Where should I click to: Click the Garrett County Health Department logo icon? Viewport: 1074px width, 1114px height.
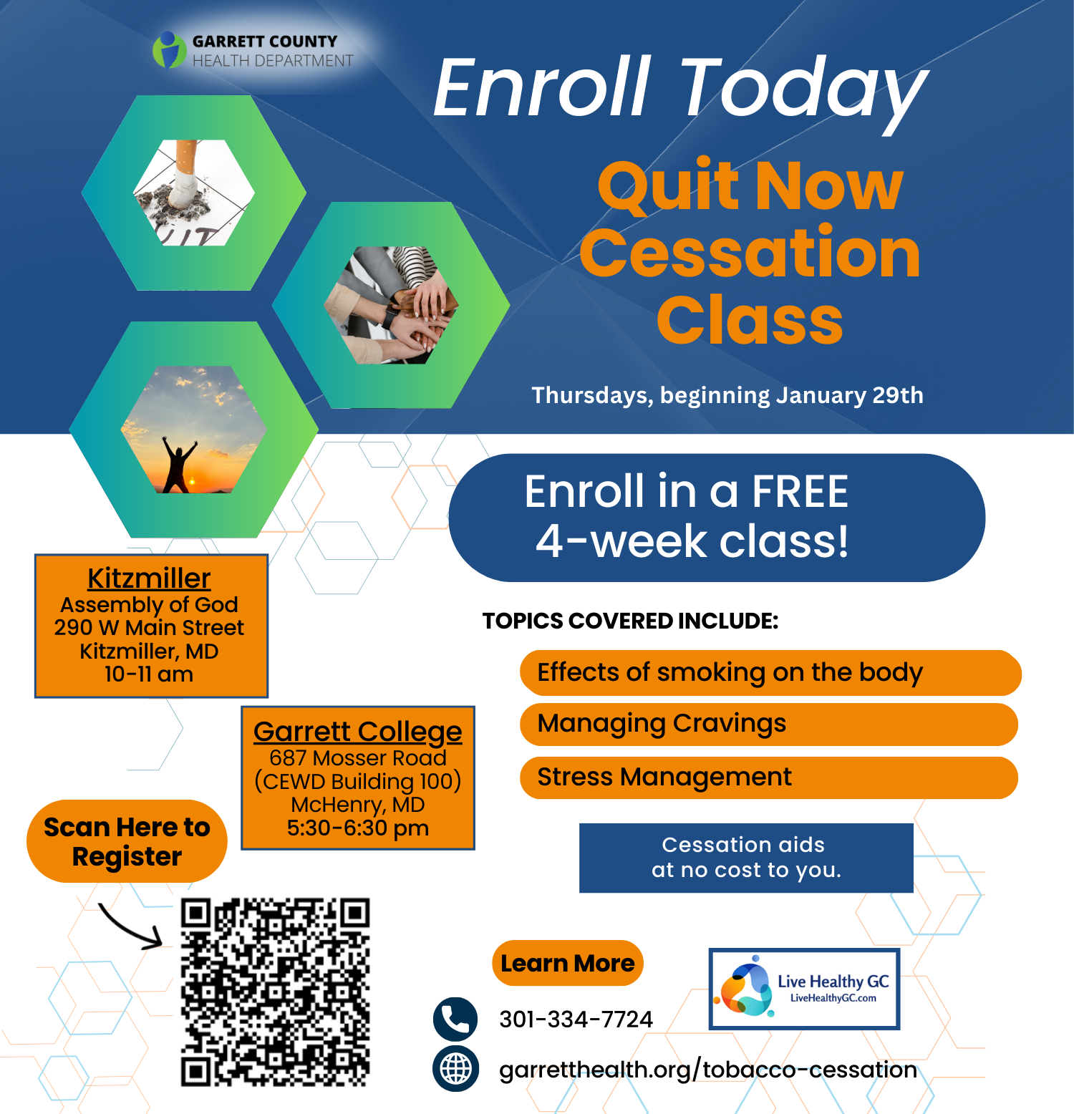[x=169, y=49]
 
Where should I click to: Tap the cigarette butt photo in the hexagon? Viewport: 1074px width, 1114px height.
[x=194, y=193]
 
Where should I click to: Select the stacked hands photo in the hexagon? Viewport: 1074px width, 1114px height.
[x=391, y=305]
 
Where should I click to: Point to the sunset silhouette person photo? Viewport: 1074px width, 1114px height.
[x=194, y=430]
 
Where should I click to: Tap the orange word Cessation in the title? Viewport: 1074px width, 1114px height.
[x=750, y=252]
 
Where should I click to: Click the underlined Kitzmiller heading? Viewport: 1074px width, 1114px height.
[x=149, y=578]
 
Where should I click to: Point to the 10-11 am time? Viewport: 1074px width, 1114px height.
[x=149, y=674]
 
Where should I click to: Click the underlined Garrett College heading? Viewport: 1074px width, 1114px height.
[x=358, y=732]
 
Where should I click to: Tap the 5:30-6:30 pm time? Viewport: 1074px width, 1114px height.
[x=358, y=828]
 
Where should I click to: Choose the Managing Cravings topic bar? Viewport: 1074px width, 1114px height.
[x=769, y=725]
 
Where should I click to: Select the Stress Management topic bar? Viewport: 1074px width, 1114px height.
[x=769, y=778]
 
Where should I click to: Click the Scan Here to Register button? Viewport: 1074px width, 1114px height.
[x=127, y=841]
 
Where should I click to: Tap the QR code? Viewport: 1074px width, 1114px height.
[x=275, y=992]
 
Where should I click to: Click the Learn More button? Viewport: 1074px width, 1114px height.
[x=568, y=963]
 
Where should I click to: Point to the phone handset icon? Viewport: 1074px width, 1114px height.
[x=455, y=1019]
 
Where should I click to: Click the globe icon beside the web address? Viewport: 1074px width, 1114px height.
[x=455, y=1069]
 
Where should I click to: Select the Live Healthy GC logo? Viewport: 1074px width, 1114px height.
[x=804, y=989]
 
